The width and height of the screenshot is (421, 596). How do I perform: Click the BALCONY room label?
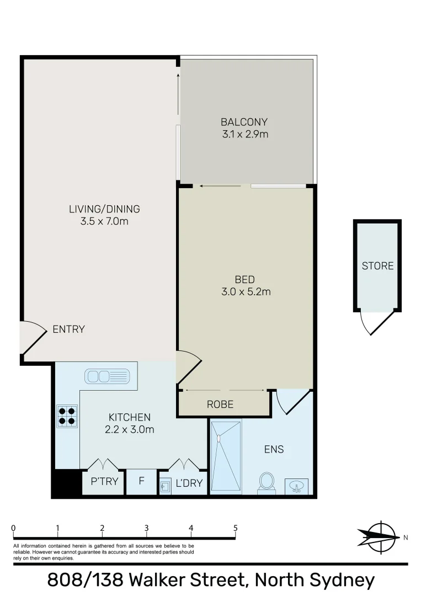[x=244, y=122]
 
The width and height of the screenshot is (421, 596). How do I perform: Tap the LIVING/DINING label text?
[x=104, y=209]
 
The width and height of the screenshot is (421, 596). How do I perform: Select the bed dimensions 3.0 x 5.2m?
[x=245, y=292]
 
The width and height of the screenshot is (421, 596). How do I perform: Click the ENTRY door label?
[x=68, y=329]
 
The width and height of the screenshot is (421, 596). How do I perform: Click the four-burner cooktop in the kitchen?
[x=67, y=416]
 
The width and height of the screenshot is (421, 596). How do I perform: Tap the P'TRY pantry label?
[x=104, y=482]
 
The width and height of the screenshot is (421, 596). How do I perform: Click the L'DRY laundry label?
[x=189, y=484]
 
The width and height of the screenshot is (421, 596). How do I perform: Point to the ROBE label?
[x=220, y=405]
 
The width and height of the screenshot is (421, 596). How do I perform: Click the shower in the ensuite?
[x=226, y=456]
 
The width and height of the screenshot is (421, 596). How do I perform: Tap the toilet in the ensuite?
[x=267, y=482]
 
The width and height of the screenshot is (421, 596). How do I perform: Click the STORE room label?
[x=377, y=266]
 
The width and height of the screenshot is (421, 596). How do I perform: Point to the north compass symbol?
[x=378, y=536]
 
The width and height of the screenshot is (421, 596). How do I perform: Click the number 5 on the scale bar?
[x=236, y=528]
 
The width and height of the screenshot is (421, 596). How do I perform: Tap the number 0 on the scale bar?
[x=13, y=528]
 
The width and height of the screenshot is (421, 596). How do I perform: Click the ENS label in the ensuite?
[x=274, y=449]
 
